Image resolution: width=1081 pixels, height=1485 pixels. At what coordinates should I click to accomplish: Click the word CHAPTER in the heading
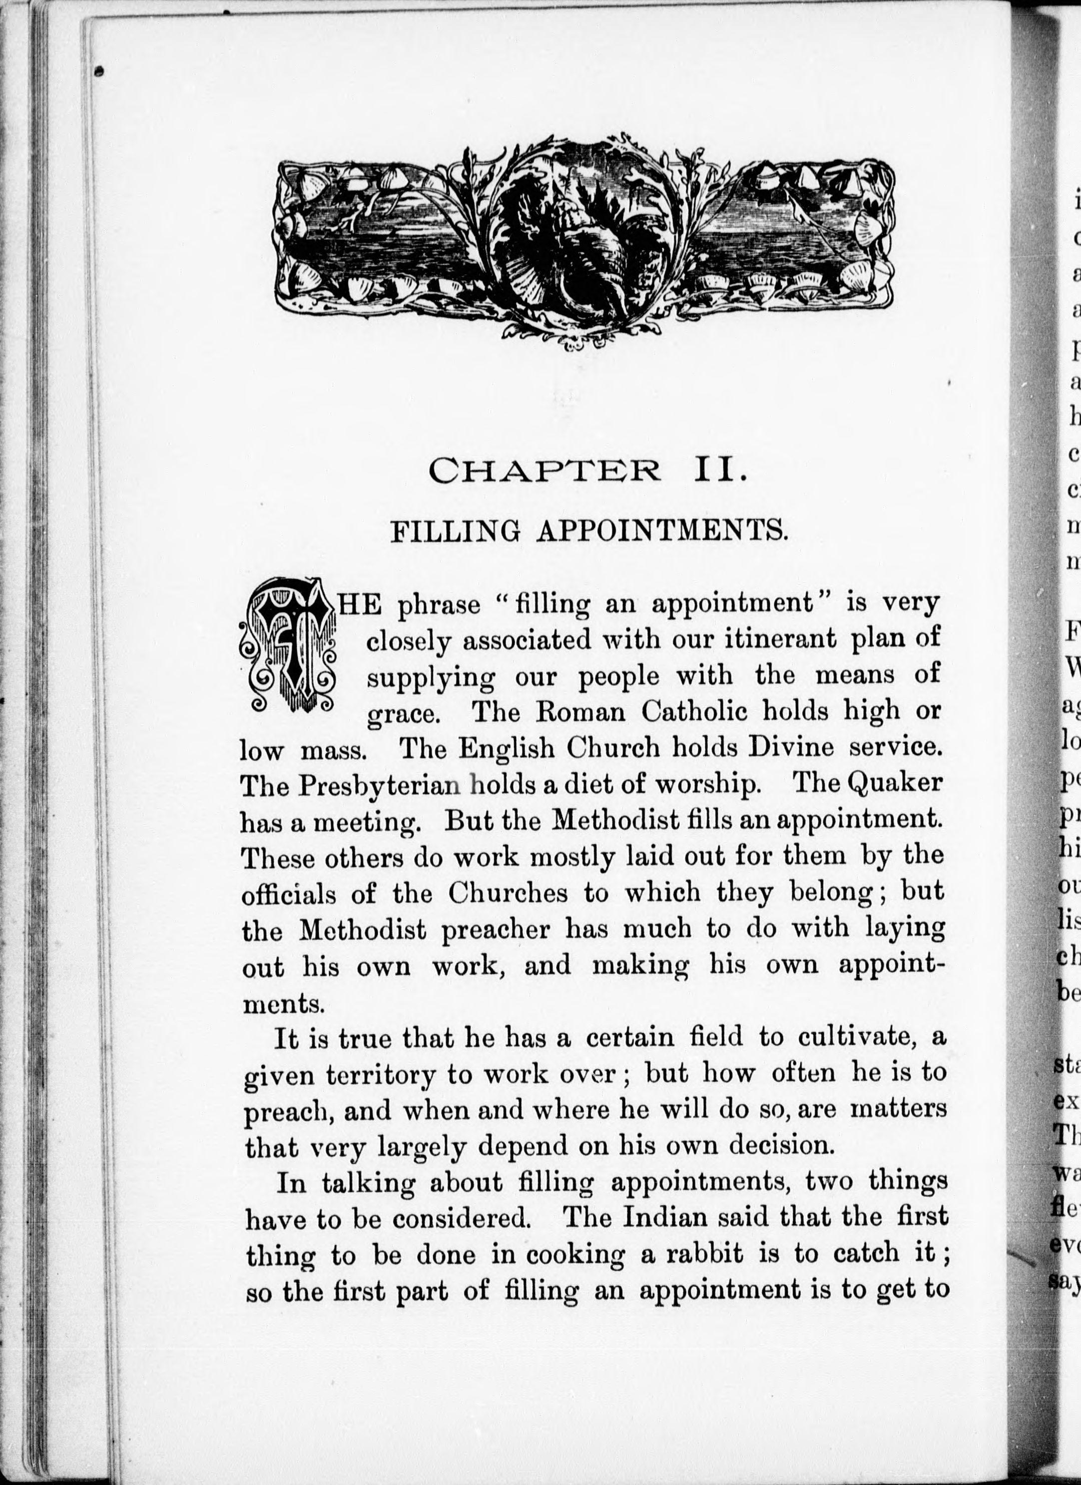click(x=544, y=470)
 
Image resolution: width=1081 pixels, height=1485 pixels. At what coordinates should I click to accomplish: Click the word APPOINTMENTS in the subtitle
click(x=661, y=531)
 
